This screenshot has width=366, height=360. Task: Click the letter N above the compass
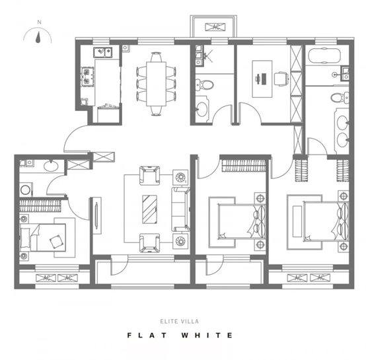pos(39,22)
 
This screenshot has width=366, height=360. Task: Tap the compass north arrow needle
pos(38,37)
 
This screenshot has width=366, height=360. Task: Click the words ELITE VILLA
pos(179,322)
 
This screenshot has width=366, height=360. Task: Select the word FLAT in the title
pos(147,336)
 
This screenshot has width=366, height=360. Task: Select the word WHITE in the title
pos(207,336)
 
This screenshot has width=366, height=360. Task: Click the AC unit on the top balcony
pos(215,27)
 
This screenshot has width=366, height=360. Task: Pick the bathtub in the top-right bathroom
pos(324,55)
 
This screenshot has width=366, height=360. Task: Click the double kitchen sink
pos(103,52)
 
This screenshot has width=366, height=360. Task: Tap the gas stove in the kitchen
pos(87,77)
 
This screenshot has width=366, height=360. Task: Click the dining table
pos(156,84)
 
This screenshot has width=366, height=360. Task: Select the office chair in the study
pos(281,79)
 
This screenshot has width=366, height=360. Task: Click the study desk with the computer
pos(262,79)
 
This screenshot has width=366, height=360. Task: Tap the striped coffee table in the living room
pos(149,209)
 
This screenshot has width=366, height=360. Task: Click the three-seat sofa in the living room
pos(180,209)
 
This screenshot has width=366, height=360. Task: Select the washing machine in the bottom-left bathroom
pos(26,190)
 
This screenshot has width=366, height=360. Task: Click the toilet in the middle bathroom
pos(205,85)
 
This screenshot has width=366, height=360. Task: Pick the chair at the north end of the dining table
pos(156,57)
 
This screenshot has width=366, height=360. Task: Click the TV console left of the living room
pos(96,215)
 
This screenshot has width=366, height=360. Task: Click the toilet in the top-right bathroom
pos(340,97)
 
